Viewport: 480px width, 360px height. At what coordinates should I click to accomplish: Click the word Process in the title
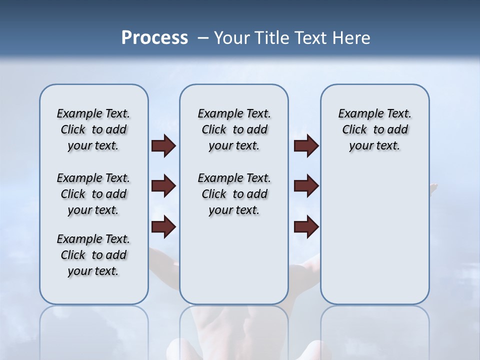click(x=154, y=38)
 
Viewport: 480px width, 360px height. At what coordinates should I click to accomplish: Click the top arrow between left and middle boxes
click(x=163, y=145)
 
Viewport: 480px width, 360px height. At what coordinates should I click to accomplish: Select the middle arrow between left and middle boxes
click(x=163, y=186)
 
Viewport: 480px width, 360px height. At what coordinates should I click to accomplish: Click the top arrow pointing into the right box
click(x=306, y=145)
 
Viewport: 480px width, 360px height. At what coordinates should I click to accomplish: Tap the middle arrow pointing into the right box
click(x=306, y=186)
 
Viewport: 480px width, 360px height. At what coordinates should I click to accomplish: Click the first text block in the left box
click(x=93, y=129)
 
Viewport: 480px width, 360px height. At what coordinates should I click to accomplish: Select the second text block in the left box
click(x=93, y=194)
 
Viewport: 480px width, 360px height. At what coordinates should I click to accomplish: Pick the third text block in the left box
click(x=93, y=255)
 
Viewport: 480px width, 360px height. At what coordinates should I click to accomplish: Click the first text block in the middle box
click(x=234, y=129)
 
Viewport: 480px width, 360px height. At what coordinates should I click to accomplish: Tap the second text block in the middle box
click(x=234, y=194)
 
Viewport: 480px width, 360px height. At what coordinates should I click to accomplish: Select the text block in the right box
click(x=374, y=129)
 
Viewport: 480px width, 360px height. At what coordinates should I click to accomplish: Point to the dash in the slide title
click(x=203, y=38)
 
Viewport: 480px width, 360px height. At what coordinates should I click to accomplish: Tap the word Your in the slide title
click(x=231, y=38)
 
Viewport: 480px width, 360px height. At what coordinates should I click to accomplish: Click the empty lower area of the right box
click(x=374, y=240)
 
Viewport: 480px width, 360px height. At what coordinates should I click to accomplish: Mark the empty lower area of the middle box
click(x=234, y=260)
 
